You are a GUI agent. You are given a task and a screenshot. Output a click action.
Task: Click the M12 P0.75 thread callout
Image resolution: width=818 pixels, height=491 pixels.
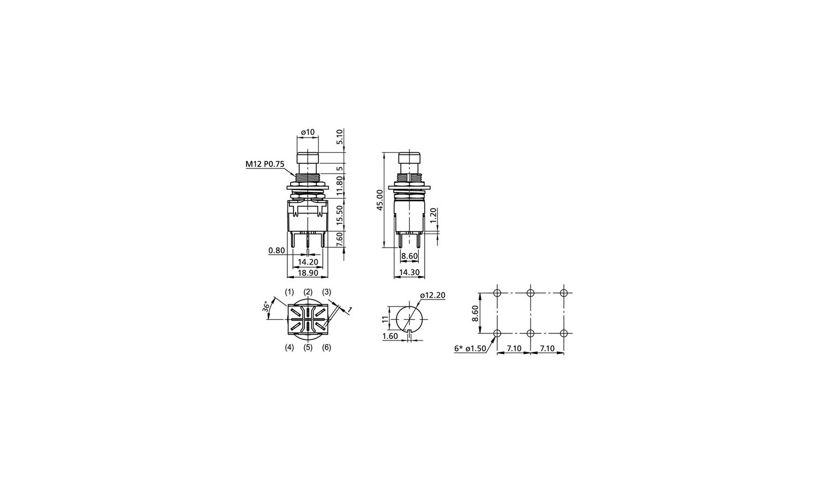[x=264, y=164]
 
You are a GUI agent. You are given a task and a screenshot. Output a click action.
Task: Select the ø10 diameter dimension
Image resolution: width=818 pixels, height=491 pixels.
[x=308, y=132]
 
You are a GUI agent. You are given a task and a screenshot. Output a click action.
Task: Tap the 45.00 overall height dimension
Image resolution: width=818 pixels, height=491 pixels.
[x=380, y=200]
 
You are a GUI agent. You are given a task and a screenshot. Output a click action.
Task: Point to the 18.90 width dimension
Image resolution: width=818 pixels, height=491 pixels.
[x=308, y=273]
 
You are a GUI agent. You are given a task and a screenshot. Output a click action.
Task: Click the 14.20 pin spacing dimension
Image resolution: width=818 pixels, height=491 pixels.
[x=308, y=261]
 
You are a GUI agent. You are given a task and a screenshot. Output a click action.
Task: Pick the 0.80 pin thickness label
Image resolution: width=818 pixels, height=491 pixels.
[x=276, y=250]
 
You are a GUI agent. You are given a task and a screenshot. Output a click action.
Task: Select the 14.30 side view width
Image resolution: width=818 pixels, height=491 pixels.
[x=409, y=272]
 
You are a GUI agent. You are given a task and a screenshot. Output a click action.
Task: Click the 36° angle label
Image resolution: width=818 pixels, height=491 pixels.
[x=267, y=306]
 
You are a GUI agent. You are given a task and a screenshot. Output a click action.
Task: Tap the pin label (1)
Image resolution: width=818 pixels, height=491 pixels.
[x=290, y=292]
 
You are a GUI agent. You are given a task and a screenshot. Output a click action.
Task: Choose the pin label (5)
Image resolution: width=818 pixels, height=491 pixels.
[x=308, y=347]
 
